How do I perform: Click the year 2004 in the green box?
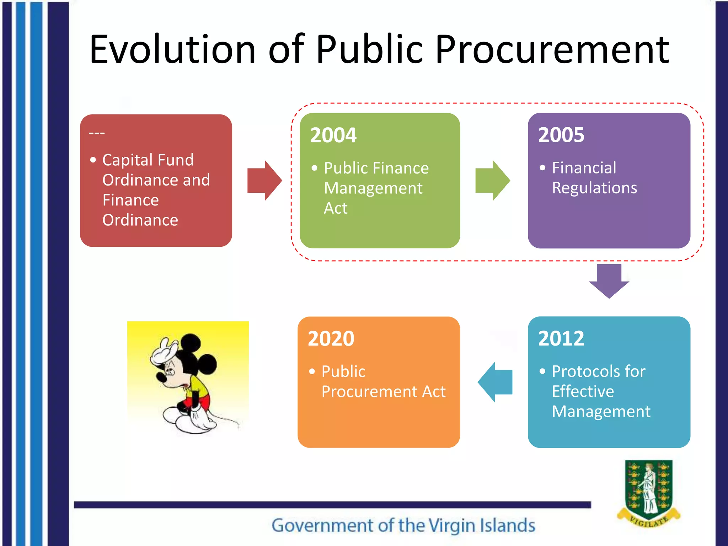[333, 135]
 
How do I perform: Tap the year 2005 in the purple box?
[561, 135]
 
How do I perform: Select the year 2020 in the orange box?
[331, 338]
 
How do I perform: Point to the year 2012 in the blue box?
[561, 338]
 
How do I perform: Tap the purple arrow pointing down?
[609, 280]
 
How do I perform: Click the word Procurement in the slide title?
[552, 50]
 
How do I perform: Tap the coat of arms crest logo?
[648, 492]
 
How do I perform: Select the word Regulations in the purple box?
[594, 188]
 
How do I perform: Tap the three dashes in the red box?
[97, 133]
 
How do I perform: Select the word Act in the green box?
[336, 208]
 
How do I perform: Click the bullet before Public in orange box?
[312, 372]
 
